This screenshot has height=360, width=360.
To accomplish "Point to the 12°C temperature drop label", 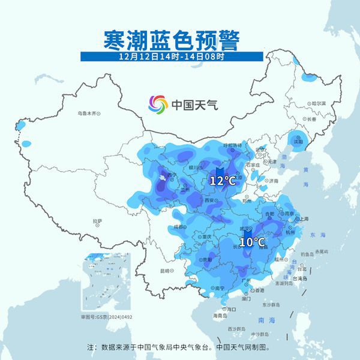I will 222,179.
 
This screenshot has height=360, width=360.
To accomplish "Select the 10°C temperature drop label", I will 252,241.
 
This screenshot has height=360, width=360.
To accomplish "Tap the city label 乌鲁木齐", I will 86,113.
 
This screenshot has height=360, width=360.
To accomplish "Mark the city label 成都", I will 178,227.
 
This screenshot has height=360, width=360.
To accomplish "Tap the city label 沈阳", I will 298,142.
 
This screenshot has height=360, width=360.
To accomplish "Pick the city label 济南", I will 273,180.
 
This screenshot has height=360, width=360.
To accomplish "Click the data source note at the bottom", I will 180,346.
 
